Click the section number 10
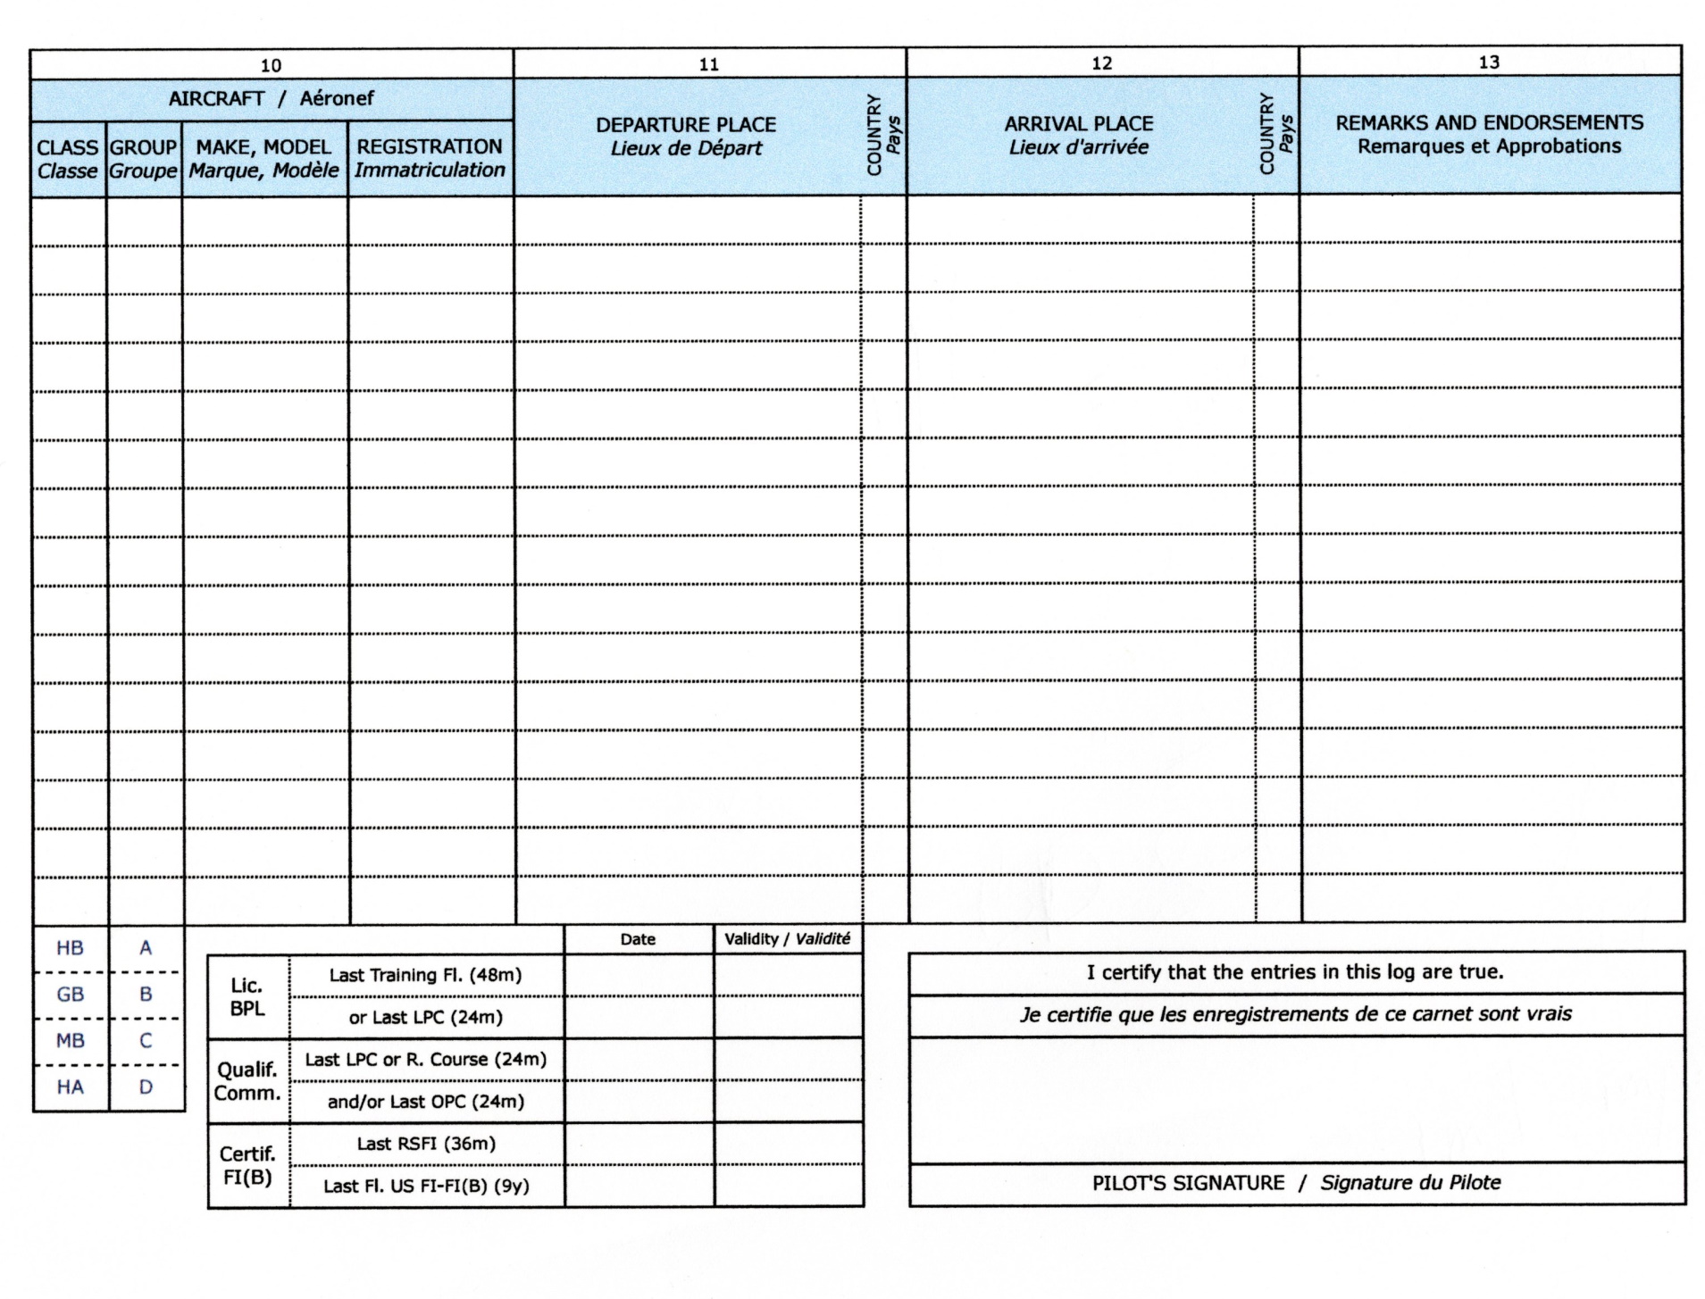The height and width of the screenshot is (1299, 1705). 271,65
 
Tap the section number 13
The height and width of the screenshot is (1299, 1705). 1488,62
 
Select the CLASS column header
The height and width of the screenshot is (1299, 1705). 67,158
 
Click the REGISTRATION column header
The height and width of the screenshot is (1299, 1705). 430,158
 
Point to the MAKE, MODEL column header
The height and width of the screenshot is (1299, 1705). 263,158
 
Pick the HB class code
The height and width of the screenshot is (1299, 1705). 70,948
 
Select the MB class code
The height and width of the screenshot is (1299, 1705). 70,1041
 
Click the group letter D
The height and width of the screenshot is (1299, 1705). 146,1087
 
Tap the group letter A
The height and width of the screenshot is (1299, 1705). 146,948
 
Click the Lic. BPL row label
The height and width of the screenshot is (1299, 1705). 247,996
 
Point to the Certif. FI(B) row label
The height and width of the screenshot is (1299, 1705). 247,1165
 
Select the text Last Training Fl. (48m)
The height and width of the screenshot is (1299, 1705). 425,975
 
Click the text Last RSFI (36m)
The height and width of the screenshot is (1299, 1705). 426,1144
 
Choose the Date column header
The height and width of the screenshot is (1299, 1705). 638,939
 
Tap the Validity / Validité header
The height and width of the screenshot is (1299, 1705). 787,939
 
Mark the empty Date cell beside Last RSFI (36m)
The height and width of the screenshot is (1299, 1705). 639,1144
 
